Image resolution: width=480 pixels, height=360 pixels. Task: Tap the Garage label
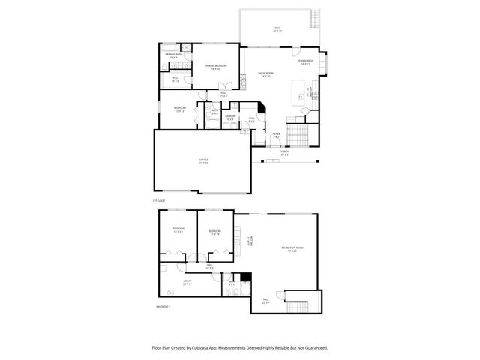[203, 161]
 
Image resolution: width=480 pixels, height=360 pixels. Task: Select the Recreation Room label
[292, 248]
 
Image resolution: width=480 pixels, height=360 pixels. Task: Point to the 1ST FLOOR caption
[157, 201]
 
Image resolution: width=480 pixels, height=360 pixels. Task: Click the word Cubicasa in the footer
[208, 347]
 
